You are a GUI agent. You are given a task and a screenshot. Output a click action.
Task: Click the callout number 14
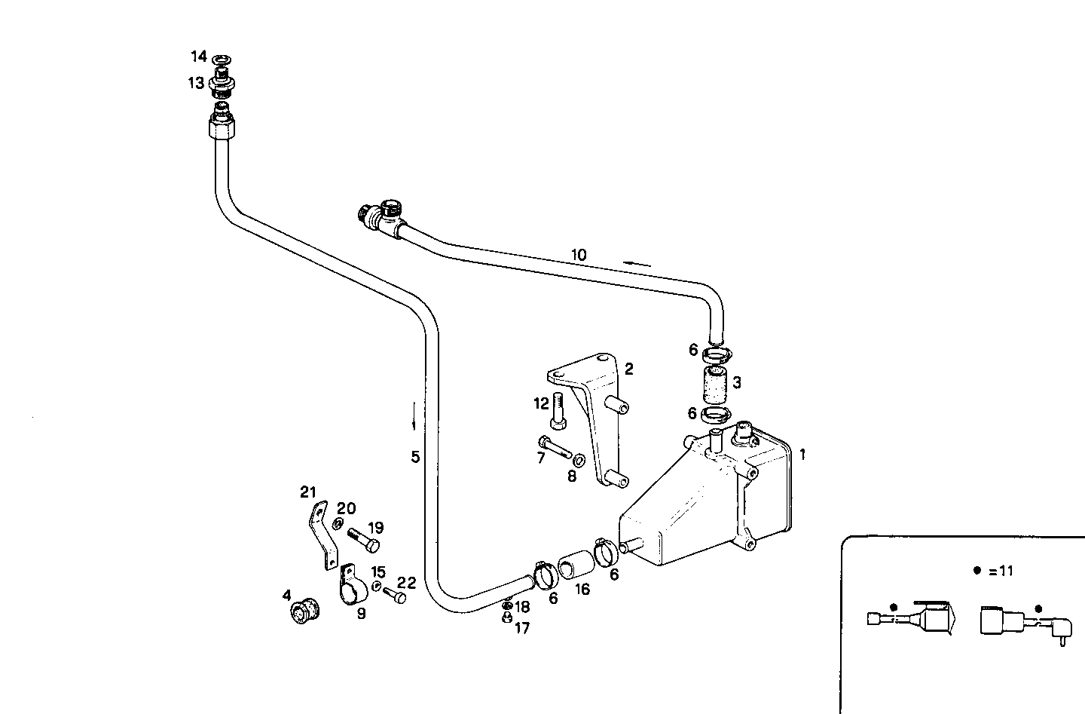click(x=198, y=57)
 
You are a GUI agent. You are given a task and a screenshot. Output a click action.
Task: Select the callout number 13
click(x=196, y=83)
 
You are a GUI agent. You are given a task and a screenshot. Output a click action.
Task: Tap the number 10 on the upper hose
click(x=578, y=255)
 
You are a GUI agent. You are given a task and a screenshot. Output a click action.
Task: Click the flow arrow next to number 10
click(x=637, y=263)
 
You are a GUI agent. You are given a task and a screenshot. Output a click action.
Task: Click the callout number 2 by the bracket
click(x=628, y=369)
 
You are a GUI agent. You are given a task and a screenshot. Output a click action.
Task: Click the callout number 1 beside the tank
click(x=802, y=454)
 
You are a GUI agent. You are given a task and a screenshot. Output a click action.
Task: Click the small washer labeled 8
click(x=579, y=459)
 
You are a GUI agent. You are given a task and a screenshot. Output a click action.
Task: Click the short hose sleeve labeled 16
click(x=576, y=565)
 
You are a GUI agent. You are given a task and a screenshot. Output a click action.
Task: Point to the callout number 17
click(x=521, y=627)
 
